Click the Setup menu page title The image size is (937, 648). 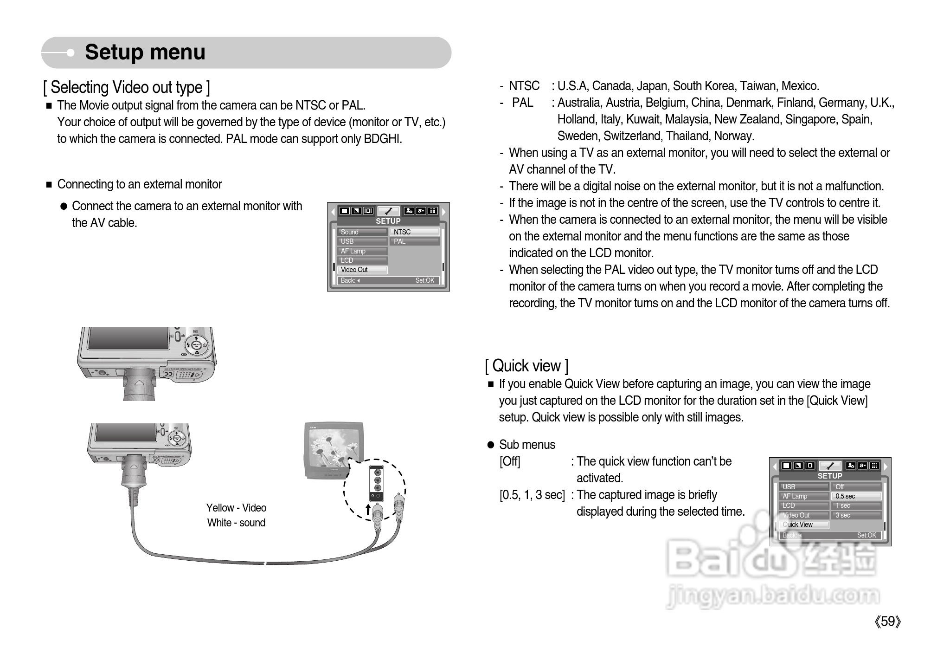(145, 52)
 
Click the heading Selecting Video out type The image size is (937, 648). (126, 87)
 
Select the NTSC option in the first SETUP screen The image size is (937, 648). (415, 232)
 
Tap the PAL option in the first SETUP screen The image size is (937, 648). (415, 241)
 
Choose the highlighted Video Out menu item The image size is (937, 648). (362, 270)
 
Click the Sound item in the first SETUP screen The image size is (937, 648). (362, 232)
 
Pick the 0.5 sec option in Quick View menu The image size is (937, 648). (856, 496)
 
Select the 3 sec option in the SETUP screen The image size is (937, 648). (856, 515)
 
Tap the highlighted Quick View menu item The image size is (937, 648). (804, 525)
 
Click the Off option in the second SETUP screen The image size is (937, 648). (856, 487)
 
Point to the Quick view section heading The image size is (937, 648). (526, 366)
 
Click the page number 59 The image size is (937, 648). (887, 622)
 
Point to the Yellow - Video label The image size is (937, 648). (236, 508)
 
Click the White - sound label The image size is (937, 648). (236, 523)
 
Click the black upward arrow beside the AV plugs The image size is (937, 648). (368, 510)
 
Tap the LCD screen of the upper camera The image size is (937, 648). (128, 338)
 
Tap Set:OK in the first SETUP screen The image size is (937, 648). (424, 280)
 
